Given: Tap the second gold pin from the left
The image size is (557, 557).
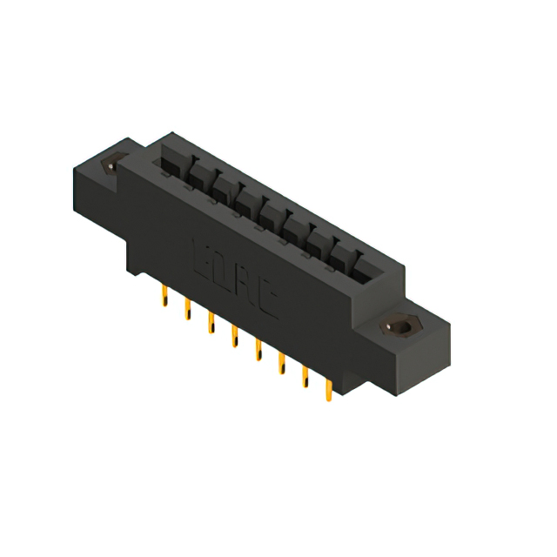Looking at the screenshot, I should tap(186, 310).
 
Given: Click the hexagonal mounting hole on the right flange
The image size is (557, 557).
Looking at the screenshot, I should tap(399, 328).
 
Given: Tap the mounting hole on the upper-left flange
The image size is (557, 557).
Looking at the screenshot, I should tap(111, 164).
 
